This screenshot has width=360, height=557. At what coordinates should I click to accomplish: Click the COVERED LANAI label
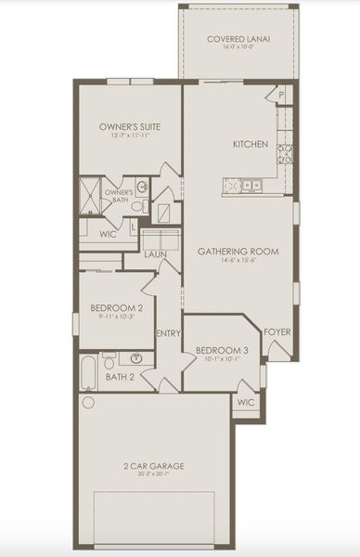[x=238, y=39]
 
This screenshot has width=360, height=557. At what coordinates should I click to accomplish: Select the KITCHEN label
[x=251, y=145]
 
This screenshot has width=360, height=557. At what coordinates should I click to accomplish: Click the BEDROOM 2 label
[x=116, y=308]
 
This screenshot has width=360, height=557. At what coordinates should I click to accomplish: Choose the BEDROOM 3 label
[x=222, y=350]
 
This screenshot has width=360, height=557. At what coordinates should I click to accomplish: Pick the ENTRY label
[x=168, y=334]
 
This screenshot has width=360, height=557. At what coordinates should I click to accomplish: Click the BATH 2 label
[x=120, y=378]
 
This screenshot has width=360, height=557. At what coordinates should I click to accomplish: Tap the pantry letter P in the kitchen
[x=280, y=96]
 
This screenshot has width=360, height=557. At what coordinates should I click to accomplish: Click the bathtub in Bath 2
[x=88, y=370]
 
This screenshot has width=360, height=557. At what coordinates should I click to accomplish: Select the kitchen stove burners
[x=285, y=152]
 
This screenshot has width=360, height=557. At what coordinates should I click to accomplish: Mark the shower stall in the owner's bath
[x=91, y=194]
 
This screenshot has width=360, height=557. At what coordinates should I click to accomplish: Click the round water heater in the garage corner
[x=88, y=403]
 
